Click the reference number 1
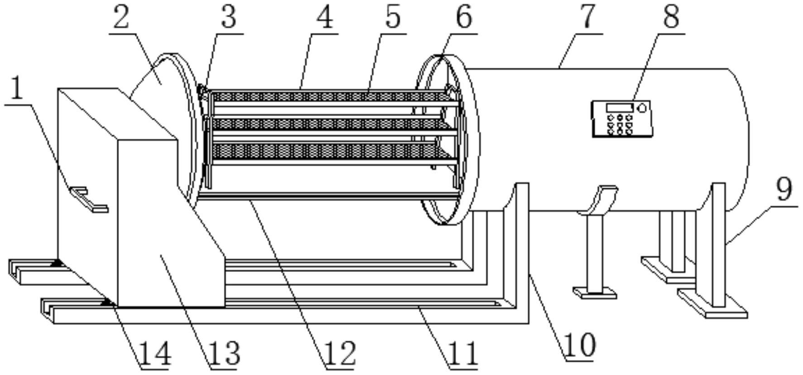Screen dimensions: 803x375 click(17, 89)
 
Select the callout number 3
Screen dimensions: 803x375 click(228, 17)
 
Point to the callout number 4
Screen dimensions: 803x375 click(324, 17)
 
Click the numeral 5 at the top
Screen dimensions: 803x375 click(393, 17)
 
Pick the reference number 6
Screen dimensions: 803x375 click(464, 17)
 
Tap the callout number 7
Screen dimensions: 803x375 click(587, 17)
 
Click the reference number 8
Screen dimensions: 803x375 click(671, 17)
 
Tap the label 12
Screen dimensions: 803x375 click(340, 354)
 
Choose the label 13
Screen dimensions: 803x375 click(224, 354)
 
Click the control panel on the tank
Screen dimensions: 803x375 click(622, 118)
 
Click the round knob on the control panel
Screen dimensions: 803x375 click(641, 108)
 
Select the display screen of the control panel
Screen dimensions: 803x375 click(620, 108)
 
